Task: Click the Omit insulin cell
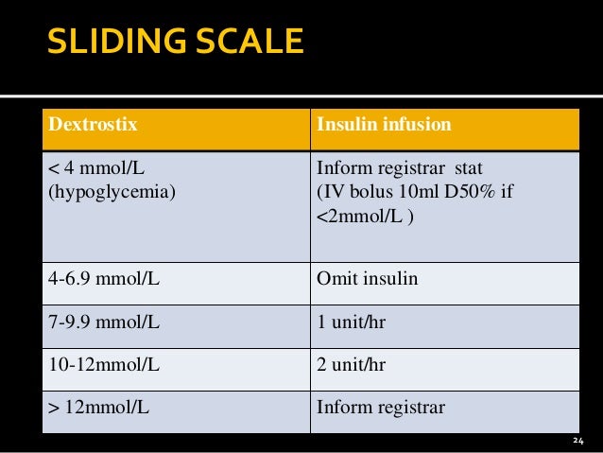[368, 281]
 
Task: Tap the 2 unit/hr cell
[351, 364]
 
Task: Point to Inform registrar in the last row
[380, 409]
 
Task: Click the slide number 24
[579, 441]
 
